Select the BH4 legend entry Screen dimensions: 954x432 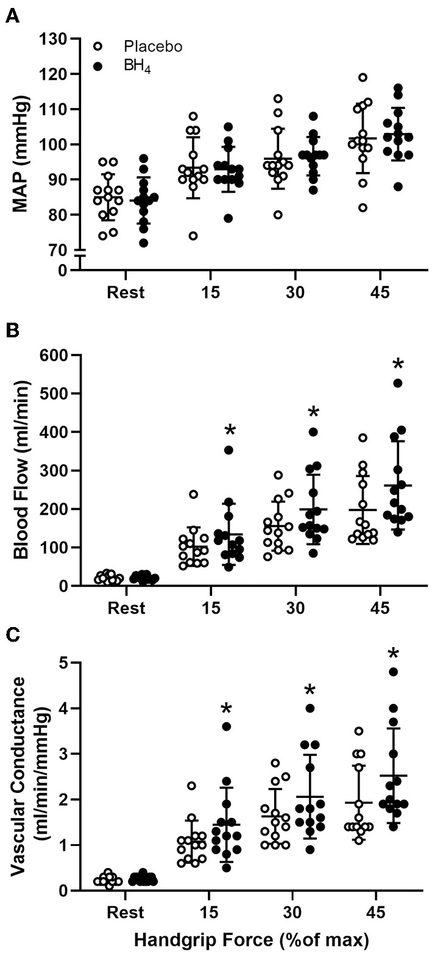click(x=137, y=68)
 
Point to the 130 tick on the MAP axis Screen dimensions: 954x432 click(x=58, y=39)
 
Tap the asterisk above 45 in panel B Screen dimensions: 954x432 click(x=398, y=365)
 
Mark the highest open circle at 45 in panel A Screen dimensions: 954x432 click(x=363, y=77)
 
